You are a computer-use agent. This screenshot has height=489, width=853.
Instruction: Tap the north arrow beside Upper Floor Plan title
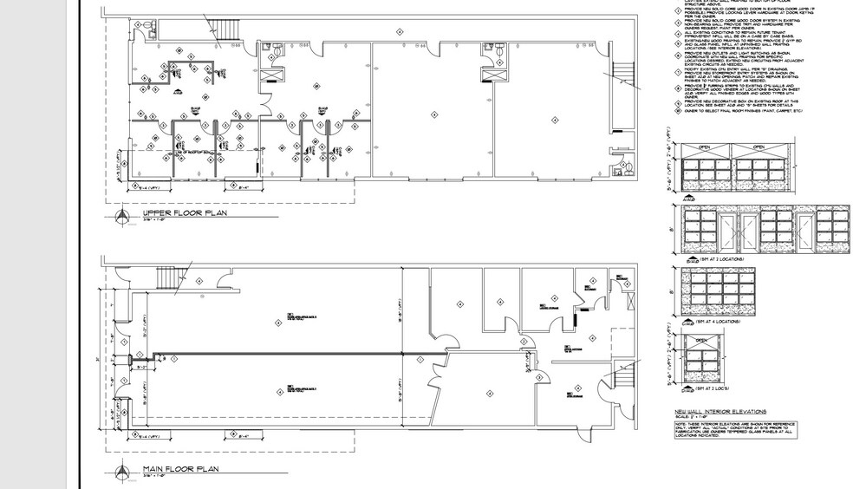click(x=121, y=216)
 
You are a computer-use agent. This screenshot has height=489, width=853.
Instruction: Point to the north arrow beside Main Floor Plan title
click(x=121, y=473)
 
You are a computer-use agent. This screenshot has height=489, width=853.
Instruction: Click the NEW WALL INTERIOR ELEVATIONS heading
click(x=720, y=411)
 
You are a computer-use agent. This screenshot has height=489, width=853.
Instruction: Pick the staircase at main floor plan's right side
click(x=624, y=375)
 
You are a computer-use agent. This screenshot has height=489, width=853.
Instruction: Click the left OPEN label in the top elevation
click(x=705, y=147)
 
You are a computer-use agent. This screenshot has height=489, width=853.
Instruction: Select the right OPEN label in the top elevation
click(x=759, y=147)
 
